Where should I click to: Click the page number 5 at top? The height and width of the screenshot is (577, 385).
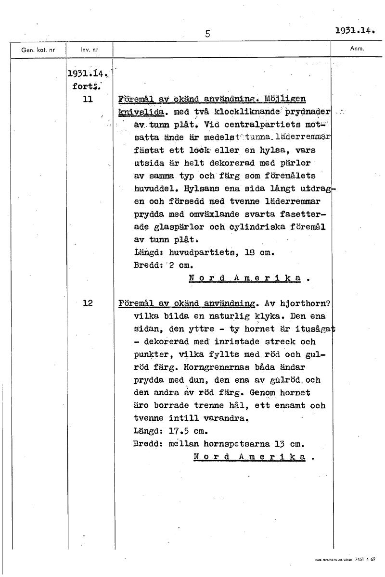coord(207,34)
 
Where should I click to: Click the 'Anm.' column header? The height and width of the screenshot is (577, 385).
coord(357,49)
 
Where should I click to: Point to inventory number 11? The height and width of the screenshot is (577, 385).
coord(88,100)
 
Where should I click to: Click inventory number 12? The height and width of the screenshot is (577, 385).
coord(88,303)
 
